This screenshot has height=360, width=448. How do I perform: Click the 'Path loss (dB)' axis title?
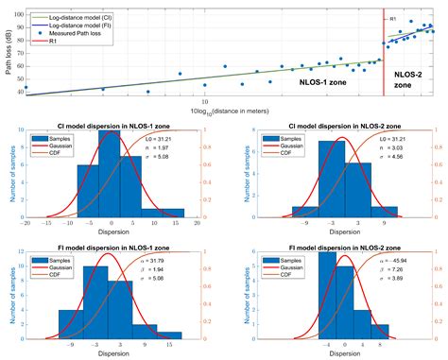tap(7, 49)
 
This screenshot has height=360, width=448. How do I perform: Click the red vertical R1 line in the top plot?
tap(383, 57)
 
